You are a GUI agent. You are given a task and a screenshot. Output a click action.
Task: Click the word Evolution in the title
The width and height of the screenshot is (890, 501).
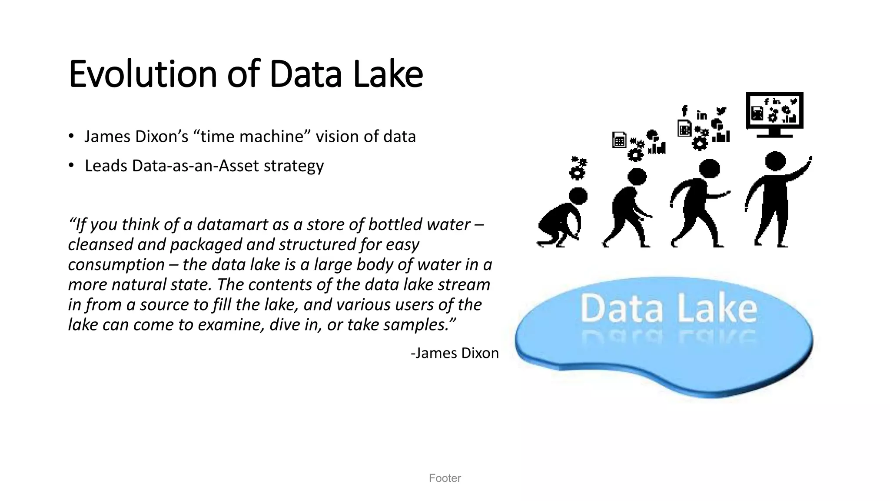click(x=143, y=74)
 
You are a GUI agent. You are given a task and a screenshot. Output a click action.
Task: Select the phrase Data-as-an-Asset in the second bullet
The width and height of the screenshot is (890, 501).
click(x=196, y=166)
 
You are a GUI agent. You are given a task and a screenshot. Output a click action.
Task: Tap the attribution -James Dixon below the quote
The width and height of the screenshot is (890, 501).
click(x=455, y=353)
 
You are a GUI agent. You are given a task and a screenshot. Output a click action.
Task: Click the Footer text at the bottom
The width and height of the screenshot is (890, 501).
click(x=445, y=478)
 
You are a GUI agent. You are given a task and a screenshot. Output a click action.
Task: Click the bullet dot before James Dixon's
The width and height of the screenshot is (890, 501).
click(x=71, y=136)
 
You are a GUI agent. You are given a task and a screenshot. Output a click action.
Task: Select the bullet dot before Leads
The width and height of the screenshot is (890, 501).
click(x=71, y=165)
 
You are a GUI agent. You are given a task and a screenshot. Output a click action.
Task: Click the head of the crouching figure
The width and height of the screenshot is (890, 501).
click(x=578, y=196)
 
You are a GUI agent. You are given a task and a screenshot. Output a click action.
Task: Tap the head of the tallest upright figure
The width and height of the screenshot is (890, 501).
click(x=775, y=161)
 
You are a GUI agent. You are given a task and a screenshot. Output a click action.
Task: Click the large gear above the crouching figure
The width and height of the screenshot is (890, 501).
click(x=577, y=173)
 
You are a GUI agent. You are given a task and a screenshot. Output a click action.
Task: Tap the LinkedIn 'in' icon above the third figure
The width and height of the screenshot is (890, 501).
click(x=701, y=115)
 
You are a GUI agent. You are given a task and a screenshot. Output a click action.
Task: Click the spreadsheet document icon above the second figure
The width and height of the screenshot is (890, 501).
click(x=619, y=140)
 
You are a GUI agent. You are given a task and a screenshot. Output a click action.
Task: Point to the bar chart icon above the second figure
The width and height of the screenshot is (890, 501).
click(x=657, y=148)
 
